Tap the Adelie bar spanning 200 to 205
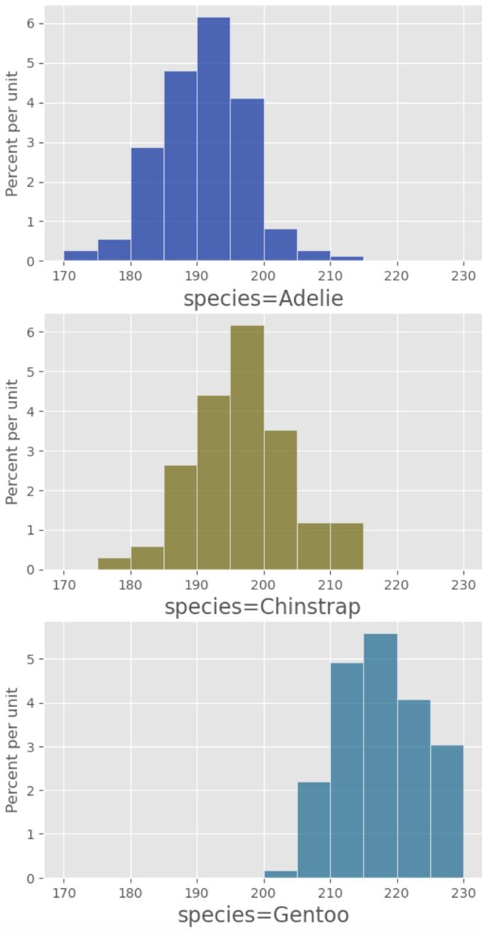pyautogui.click(x=281, y=245)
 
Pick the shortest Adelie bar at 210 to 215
pyautogui.click(x=347, y=259)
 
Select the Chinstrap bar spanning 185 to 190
pyautogui.click(x=181, y=518)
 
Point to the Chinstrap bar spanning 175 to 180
pyautogui.click(x=114, y=564)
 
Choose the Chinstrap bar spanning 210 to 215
pyautogui.click(x=347, y=547)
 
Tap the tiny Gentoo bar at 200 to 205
pyautogui.click(x=281, y=874)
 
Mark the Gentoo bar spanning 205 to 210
pyautogui.click(x=314, y=830)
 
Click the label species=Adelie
pyautogui.click(x=263, y=299)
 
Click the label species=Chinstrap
pyautogui.click(x=263, y=608)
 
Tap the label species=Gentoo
pyautogui.click(x=263, y=915)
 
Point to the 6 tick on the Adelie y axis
pyautogui.click(x=32, y=23)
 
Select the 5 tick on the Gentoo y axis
pyautogui.click(x=32, y=659)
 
